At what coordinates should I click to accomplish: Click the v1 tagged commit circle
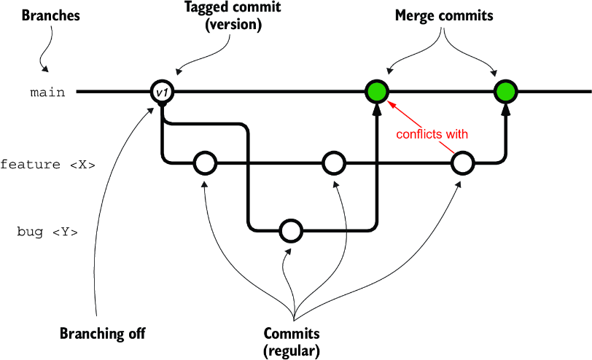click(x=162, y=92)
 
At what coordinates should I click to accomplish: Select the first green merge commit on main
click(x=377, y=91)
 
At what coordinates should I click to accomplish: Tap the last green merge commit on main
click(x=505, y=91)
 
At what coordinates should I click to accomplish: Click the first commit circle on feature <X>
click(x=205, y=163)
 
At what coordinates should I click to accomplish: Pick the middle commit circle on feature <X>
click(x=334, y=163)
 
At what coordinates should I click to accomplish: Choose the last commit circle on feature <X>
click(x=463, y=163)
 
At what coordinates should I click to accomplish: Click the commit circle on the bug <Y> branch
click(x=291, y=230)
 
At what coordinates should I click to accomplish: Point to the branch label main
click(x=47, y=93)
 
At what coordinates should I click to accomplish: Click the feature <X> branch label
click(x=47, y=165)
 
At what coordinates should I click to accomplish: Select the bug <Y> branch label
click(x=47, y=232)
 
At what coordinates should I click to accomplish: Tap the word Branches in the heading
click(x=50, y=15)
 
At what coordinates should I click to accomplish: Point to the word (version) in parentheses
click(x=233, y=25)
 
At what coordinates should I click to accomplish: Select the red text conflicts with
click(x=432, y=134)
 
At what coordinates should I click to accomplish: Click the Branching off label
click(x=102, y=334)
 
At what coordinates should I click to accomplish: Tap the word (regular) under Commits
click(x=292, y=351)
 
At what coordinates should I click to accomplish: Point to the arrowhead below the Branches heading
click(x=45, y=69)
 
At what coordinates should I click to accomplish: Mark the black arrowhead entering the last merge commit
click(x=505, y=109)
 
